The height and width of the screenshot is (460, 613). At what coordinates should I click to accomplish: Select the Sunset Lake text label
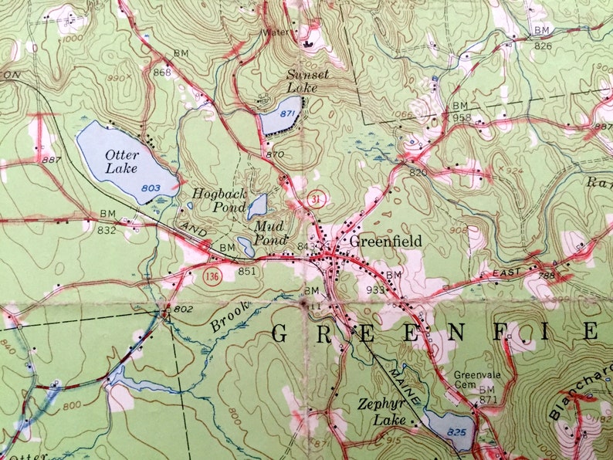306,81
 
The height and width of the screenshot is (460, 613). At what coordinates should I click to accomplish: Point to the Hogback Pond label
219,201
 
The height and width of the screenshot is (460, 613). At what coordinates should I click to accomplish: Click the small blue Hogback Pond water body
257,206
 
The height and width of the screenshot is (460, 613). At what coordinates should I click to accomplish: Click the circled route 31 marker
315,199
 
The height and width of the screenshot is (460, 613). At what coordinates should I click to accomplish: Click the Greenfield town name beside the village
386,242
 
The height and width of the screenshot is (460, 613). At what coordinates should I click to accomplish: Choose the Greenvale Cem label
474,378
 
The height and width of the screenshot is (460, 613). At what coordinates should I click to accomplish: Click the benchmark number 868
162,73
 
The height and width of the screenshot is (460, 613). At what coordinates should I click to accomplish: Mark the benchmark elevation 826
543,46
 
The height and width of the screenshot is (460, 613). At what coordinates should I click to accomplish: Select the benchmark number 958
461,117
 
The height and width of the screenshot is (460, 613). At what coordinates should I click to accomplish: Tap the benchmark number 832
107,229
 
